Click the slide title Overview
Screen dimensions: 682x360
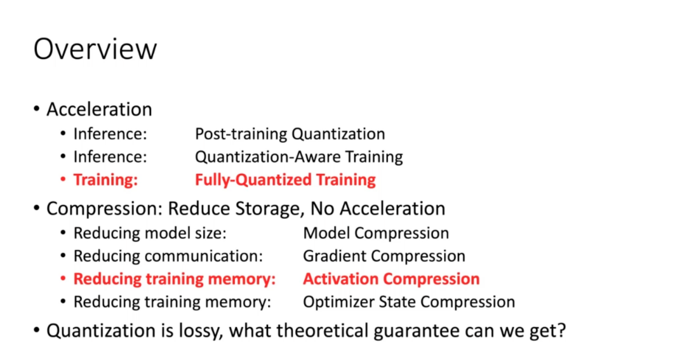click(95, 49)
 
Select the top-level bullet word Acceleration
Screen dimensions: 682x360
click(99, 109)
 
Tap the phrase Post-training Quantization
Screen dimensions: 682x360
click(290, 134)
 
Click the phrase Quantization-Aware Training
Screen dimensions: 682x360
click(299, 157)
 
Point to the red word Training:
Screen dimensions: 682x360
click(105, 180)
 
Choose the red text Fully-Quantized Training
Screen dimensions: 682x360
click(285, 180)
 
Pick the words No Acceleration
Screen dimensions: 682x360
click(378, 209)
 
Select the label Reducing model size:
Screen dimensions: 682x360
click(150, 233)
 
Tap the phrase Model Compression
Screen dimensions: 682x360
click(376, 233)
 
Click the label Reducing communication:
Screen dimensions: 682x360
click(168, 256)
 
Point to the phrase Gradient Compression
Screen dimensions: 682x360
click(384, 256)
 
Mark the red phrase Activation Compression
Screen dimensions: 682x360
click(391, 279)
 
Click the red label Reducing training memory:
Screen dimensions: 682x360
click(175, 279)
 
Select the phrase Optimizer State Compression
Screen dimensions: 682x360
click(409, 302)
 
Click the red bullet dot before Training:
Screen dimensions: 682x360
click(64, 179)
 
